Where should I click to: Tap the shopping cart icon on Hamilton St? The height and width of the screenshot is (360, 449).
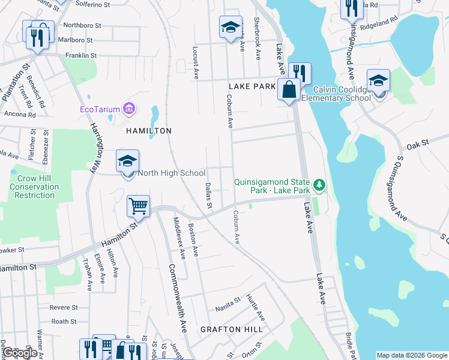[x=138, y=206]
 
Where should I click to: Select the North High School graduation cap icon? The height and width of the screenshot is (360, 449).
[x=127, y=161]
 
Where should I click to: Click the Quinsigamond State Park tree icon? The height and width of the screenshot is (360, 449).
[x=320, y=184]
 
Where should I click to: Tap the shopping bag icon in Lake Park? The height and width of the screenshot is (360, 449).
[x=289, y=89]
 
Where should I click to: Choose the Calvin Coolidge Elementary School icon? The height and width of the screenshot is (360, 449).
[x=379, y=80]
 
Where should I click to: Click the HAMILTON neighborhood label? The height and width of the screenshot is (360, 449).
[x=148, y=130]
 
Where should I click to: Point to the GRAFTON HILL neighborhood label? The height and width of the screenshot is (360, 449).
[x=231, y=329]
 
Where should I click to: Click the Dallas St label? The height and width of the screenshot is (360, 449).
[x=208, y=196]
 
